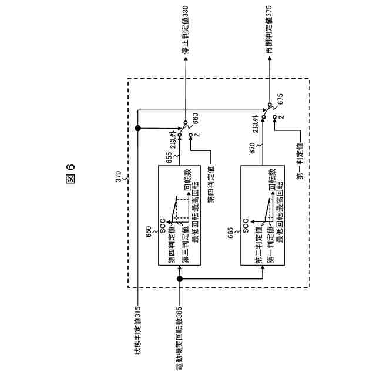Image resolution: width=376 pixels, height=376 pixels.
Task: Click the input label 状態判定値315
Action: (x=137, y=333)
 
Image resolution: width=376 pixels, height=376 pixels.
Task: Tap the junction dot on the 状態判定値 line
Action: (x=137, y=128)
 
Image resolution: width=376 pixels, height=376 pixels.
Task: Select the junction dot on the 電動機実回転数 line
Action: (x=179, y=279)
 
